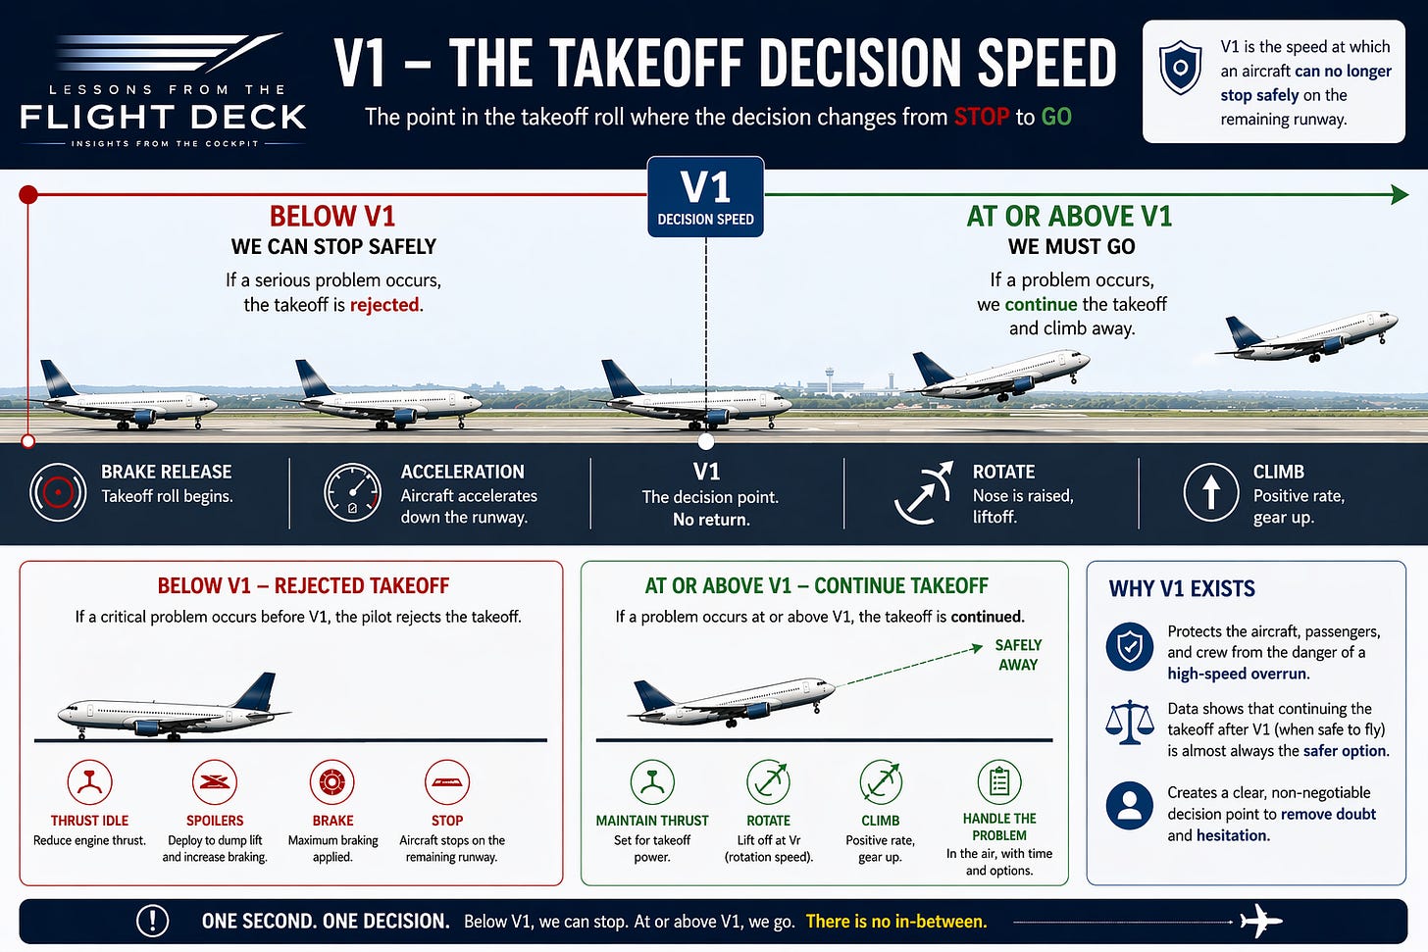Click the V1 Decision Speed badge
(x=705, y=197)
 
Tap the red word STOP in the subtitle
(x=981, y=118)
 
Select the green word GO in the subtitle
(x=1056, y=118)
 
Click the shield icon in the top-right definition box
(x=1180, y=68)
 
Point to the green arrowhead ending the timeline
(x=1400, y=194)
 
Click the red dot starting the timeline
(x=28, y=194)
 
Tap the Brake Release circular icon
(x=58, y=491)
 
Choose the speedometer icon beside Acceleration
(x=352, y=491)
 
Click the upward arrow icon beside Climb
(x=1211, y=491)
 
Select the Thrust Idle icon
(x=89, y=782)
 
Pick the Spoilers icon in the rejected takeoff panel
(x=215, y=782)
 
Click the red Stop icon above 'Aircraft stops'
(x=447, y=782)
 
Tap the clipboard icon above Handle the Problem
(x=999, y=782)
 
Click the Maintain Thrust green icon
(x=652, y=782)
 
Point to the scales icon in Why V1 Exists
(x=1129, y=722)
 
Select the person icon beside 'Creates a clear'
(x=1129, y=805)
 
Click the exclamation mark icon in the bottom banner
(x=152, y=921)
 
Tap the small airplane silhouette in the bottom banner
(x=1260, y=921)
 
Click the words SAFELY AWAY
(x=1018, y=654)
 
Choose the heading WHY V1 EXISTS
(x=1182, y=589)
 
